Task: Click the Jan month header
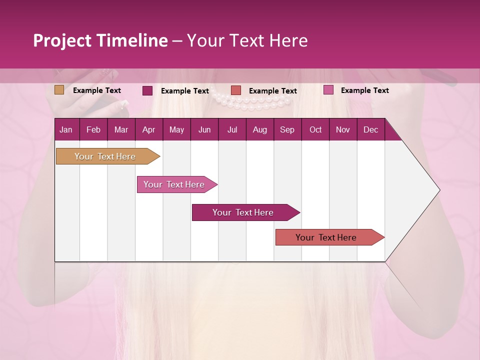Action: click(x=66, y=130)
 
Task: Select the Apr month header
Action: click(x=148, y=130)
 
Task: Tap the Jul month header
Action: click(x=232, y=130)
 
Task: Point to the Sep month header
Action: click(x=287, y=130)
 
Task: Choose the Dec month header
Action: click(x=370, y=130)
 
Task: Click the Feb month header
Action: click(x=93, y=130)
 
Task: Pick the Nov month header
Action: click(x=342, y=130)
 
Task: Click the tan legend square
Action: click(x=59, y=90)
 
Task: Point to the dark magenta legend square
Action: click(x=147, y=90)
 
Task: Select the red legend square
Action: click(x=236, y=90)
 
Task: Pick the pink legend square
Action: click(x=328, y=90)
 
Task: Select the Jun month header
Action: click(x=204, y=130)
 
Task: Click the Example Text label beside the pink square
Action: click(x=364, y=90)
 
